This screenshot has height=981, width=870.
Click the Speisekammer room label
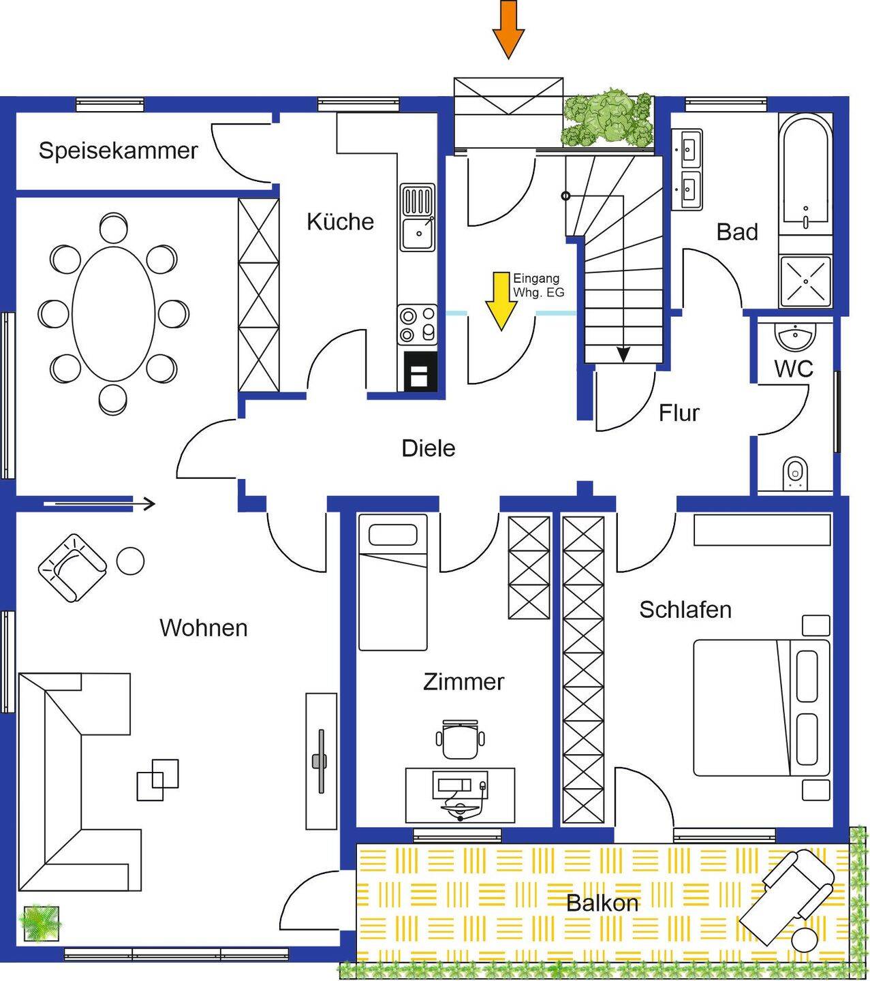click(118, 151)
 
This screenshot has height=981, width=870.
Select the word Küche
click(340, 221)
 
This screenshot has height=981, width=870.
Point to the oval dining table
click(113, 314)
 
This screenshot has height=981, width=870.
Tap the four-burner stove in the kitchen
click(417, 324)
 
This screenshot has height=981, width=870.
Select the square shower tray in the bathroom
click(805, 281)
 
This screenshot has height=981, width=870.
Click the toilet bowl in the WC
click(794, 472)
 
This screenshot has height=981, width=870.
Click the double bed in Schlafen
click(762, 707)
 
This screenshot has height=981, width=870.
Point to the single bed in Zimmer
click(392, 582)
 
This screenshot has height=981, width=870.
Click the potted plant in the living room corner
click(41, 923)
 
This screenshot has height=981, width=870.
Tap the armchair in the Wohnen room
click(72, 567)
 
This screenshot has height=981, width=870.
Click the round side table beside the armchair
click(130, 561)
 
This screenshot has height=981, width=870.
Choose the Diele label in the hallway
click(428, 448)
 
